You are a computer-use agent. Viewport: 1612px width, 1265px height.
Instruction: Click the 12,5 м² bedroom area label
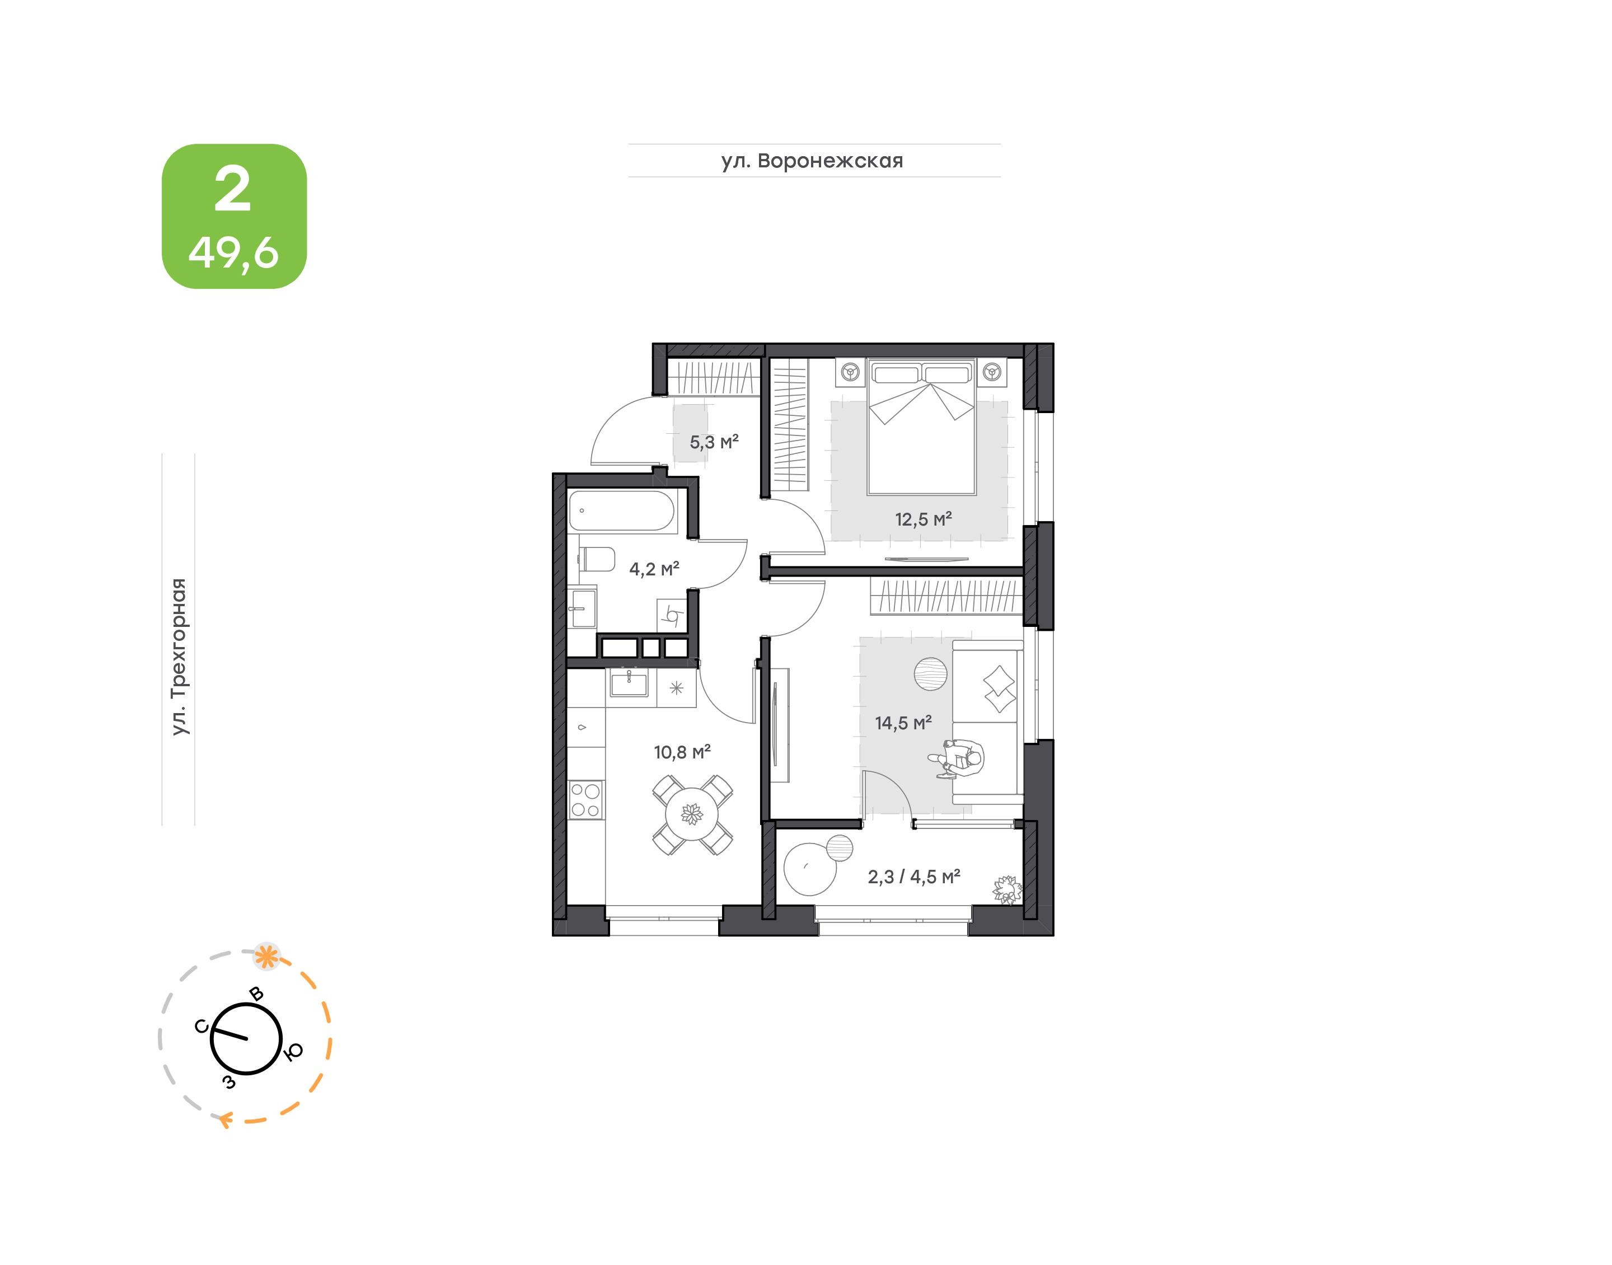922,519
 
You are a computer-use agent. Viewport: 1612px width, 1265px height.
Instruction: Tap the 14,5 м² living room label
903,722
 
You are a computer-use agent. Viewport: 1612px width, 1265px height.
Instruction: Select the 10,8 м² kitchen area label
682,752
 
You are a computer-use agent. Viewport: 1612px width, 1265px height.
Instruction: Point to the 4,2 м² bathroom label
654,569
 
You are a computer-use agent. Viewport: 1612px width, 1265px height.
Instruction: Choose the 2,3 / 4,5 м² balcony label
913,877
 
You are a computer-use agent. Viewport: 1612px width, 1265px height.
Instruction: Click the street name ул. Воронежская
812,161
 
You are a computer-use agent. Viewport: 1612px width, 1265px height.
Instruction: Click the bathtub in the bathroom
621,511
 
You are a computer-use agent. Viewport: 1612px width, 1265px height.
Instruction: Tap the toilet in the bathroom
596,559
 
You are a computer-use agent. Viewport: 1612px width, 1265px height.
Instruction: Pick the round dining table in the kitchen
692,815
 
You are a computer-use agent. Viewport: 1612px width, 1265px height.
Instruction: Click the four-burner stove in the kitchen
585,800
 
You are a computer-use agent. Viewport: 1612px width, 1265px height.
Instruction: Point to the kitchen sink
629,683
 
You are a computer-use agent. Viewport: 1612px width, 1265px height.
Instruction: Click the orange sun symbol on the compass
266,956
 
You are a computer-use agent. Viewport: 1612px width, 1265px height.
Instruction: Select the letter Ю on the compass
294,1052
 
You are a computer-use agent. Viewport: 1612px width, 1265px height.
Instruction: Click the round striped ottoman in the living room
931,674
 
